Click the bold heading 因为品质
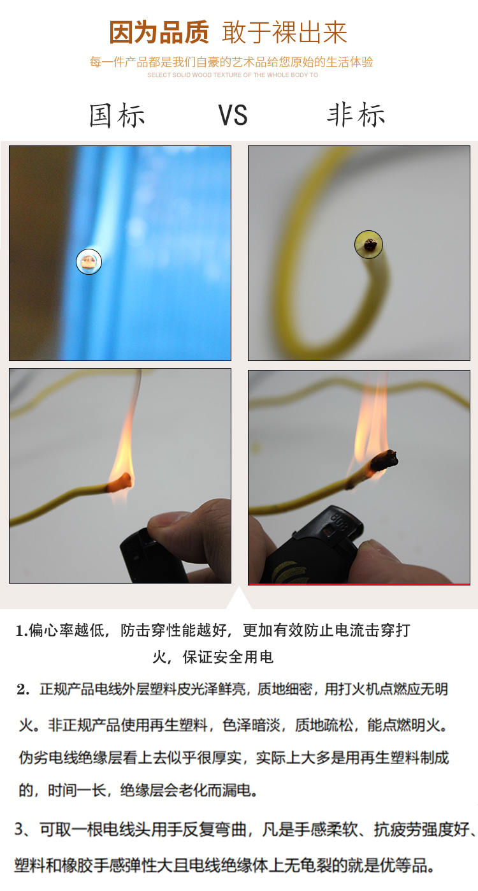[159, 33]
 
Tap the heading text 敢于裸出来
[284, 33]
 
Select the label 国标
[117, 115]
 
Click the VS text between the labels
[233, 115]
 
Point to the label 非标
[356, 115]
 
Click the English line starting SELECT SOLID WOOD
[233, 75]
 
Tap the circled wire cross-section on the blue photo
[89, 261]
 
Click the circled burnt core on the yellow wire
[369, 245]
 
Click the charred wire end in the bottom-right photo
[384, 460]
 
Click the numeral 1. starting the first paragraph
[22, 631]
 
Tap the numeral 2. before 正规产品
[23, 689]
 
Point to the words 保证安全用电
[228, 657]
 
